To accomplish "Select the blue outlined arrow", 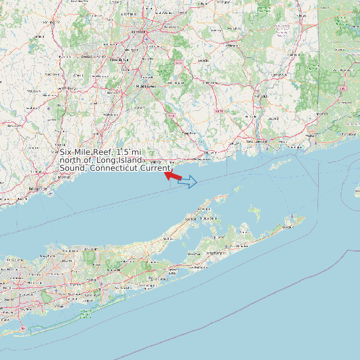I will coord(189,181).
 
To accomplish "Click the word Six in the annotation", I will coord(66,152).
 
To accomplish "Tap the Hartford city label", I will coord(138,31).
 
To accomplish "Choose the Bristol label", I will coord(85,57).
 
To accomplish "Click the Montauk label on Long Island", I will coord(287,227).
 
